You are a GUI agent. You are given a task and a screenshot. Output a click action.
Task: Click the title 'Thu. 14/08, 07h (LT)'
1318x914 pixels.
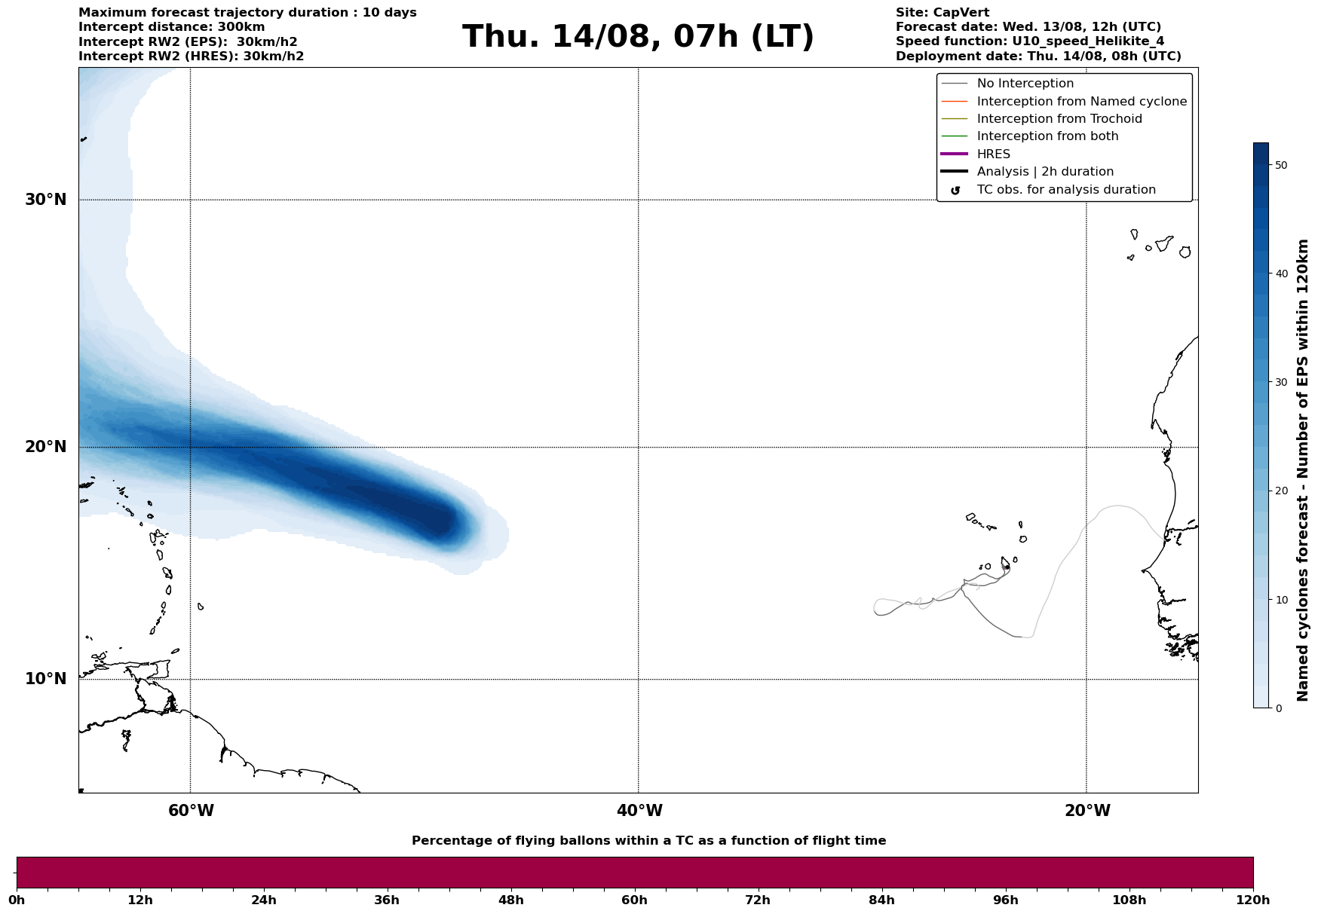coord(638,37)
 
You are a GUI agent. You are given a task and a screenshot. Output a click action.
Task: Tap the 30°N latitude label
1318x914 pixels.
coord(45,200)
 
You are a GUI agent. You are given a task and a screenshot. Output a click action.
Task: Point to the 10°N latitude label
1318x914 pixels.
coord(45,679)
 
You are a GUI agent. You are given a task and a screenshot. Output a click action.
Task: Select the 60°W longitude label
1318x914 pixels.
coord(191,811)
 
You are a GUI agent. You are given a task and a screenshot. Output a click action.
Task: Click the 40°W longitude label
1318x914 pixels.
coord(639,811)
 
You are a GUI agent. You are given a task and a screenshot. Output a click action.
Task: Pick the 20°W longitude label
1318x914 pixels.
coord(1087,811)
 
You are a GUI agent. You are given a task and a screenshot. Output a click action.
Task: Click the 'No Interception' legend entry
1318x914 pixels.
coord(1025,84)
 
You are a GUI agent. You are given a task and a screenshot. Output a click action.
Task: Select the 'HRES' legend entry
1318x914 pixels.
coord(993,154)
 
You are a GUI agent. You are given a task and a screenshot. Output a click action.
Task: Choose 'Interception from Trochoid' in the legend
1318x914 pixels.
coord(1059,119)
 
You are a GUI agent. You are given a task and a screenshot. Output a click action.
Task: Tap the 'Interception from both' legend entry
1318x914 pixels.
coord(1047,136)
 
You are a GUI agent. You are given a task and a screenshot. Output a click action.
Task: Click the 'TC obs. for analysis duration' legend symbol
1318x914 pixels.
coord(955,191)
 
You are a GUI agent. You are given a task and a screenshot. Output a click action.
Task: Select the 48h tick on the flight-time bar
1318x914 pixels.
coord(510,900)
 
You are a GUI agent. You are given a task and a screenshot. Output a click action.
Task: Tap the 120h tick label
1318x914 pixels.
coord(1252,900)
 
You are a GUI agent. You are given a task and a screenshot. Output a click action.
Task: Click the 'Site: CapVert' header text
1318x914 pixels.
coord(943,13)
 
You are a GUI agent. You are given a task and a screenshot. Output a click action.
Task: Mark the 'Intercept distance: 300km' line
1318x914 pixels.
coord(172,27)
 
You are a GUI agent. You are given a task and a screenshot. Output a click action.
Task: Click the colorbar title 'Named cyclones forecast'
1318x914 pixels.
coord(1302,470)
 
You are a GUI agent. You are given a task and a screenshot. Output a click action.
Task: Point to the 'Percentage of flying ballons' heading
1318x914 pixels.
coord(648,841)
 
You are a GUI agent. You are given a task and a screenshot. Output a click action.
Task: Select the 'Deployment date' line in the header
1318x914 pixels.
coord(1038,57)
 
